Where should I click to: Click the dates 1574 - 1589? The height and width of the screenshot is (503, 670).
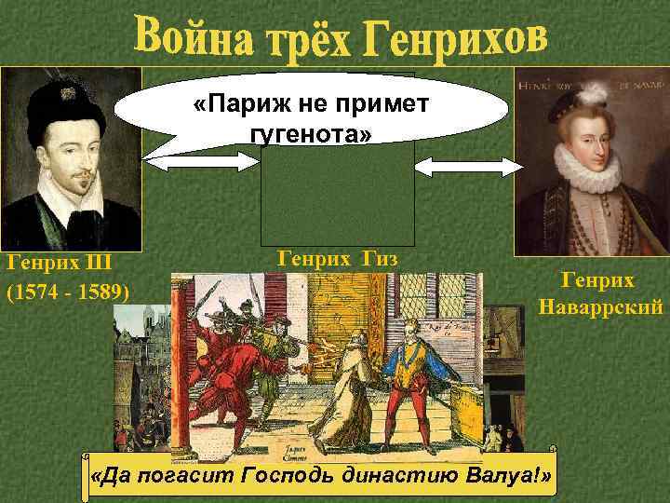tap(68, 292)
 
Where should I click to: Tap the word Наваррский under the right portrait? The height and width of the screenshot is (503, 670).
tap(599, 307)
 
